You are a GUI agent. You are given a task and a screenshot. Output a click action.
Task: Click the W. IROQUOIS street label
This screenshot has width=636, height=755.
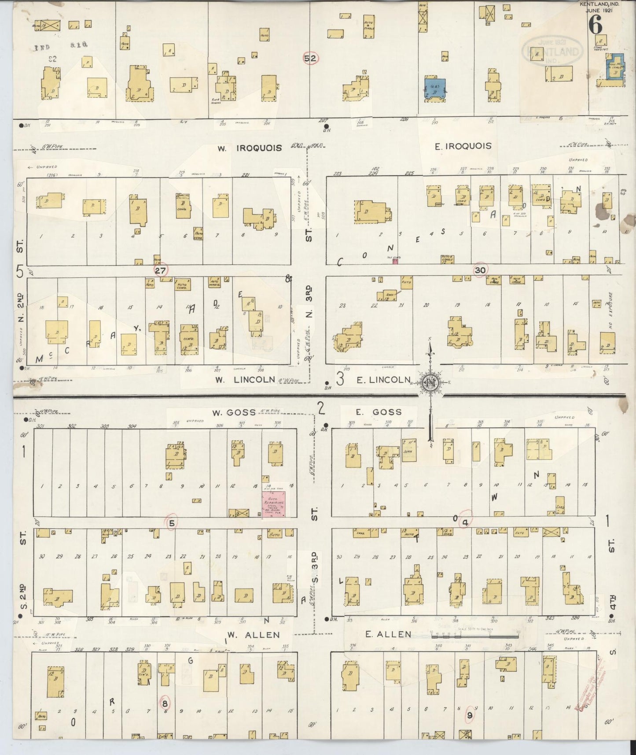point(249,148)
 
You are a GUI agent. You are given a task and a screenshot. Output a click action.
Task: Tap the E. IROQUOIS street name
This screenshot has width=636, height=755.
point(463,146)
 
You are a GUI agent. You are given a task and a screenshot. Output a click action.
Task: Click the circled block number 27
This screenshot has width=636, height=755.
point(160,270)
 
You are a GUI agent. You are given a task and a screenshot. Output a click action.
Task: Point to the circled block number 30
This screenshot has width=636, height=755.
point(480,270)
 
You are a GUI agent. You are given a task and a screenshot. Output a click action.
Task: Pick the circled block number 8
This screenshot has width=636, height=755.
point(165,702)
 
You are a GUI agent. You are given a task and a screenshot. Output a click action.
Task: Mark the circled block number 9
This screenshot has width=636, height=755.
point(470,715)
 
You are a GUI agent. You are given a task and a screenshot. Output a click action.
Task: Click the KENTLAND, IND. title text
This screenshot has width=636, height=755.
point(599,4)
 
